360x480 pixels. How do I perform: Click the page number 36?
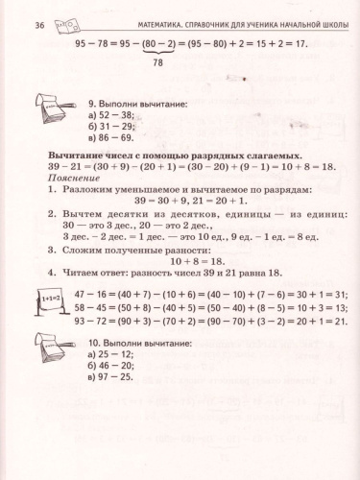tap(38, 22)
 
